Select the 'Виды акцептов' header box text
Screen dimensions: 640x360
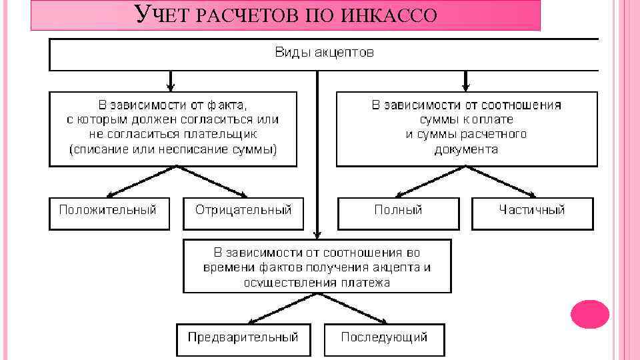[325, 52]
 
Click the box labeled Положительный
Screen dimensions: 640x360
[108, 211]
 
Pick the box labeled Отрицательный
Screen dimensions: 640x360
[243, 211]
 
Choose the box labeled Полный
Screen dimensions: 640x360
[398, 211]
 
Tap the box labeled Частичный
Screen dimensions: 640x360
[531, 211]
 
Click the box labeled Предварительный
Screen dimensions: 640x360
[243, 337]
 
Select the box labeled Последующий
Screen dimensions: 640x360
[384, 337]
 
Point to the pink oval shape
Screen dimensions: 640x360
[590, 314]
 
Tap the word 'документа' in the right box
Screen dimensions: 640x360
[466, 149]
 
